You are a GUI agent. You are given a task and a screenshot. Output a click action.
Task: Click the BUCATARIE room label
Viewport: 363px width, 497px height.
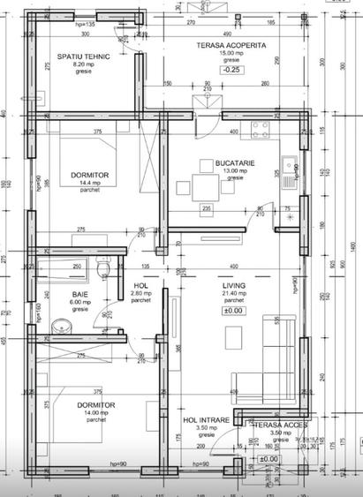[x=235, y=162]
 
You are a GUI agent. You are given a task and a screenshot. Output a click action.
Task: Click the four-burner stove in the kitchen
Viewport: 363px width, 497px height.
[x=261, y=132]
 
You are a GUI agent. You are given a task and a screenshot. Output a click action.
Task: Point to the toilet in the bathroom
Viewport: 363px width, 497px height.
[x=104, y=270]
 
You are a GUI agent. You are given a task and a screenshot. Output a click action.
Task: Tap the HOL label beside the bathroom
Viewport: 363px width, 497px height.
[x=140, y=287]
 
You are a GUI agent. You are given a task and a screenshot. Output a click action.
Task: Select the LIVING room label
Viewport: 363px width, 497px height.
[x=233, y=286]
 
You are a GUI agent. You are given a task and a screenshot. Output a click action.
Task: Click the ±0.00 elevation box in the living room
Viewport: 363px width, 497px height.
[x=233, y=311]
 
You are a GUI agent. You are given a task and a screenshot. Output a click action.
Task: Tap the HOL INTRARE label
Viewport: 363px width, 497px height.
[x=212, y=420]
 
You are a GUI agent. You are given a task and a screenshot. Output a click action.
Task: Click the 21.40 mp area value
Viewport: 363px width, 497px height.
[x=233, y=294]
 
